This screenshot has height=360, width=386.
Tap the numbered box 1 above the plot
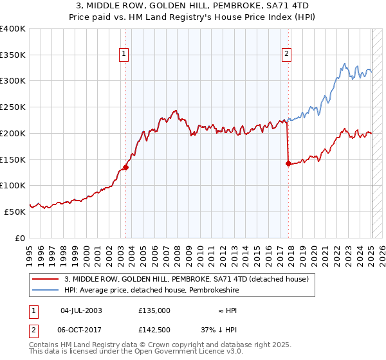(123, 55)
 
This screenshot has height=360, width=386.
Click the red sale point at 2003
(125, 167)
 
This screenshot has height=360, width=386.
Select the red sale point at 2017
(288, 163)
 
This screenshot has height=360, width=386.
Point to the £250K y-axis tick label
(13, 107)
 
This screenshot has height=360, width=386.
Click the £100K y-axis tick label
(13, 185)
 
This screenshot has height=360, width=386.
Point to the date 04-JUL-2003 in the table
(81, 310)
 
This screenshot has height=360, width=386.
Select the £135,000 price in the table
(154, 310)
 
